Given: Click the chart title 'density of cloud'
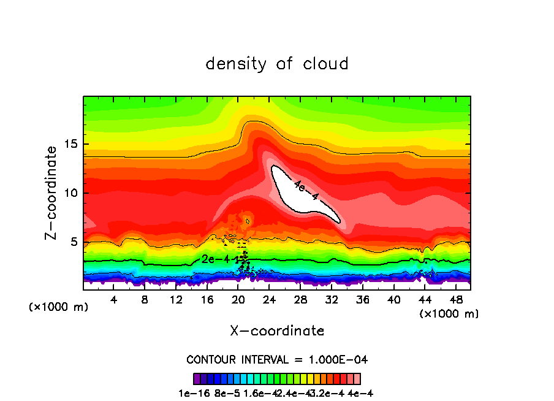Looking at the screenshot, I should point(277,64).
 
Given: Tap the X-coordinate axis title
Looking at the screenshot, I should point(277,331).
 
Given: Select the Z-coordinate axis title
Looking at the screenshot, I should point(51,193).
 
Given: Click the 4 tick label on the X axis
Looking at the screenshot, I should point(114,300).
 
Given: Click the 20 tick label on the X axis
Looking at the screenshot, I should point(238,300).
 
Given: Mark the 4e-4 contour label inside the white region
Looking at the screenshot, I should point(306,190).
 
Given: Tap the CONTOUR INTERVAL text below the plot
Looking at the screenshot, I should point(277,359).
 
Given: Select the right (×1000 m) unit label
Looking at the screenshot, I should point(449,314).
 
